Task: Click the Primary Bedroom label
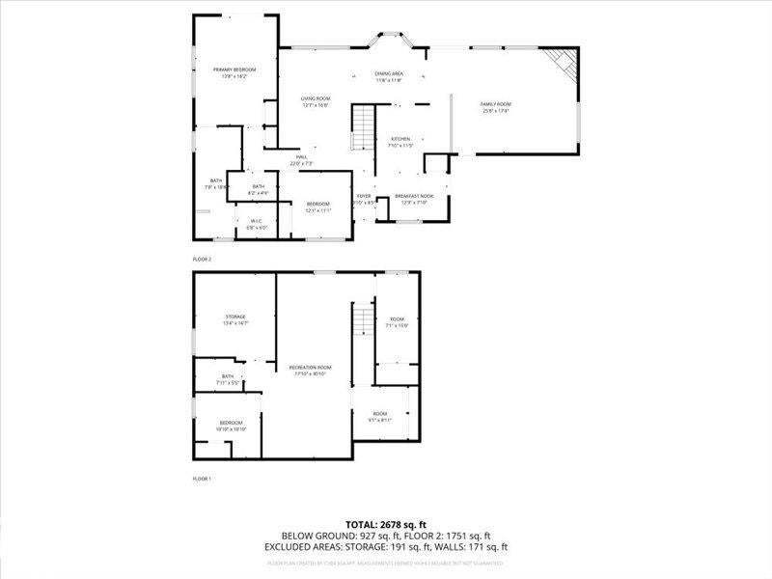tap(234, 69)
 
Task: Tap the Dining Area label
tap(389, 74)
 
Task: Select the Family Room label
tap(496, 104)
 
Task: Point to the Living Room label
tap(315, 98)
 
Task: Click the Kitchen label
tap(400, 139)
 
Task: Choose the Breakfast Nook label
tap(414, 196)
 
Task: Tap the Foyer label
tap(363, 196)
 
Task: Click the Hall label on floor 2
tap(301, 157)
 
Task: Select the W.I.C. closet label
tap(256, 221)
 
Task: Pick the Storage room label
tap(235, 317)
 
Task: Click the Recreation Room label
tap(311, 368)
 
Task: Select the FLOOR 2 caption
tap(202, 260)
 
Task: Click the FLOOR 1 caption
tap(202, 478)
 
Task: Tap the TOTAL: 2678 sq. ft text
tap(386, 524)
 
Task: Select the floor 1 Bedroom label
tap(232, 424)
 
